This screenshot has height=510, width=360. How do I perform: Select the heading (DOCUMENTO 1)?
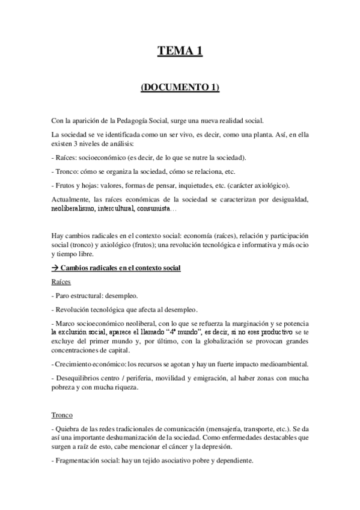[x=180, y=88]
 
